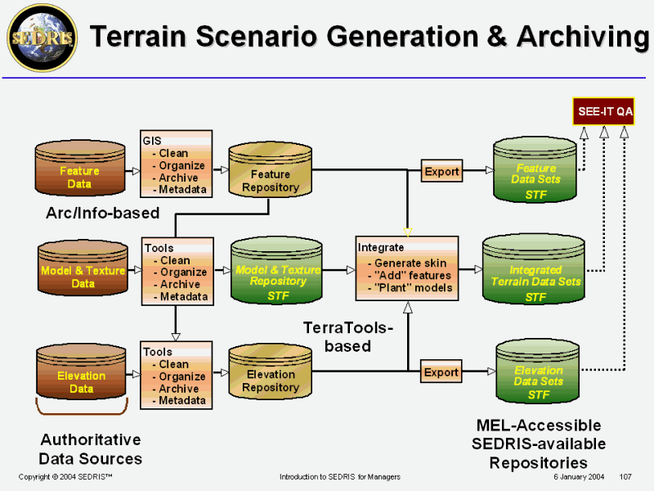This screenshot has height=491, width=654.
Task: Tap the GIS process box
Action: tap(176, 164)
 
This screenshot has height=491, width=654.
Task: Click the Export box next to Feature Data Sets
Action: tap(441, 172)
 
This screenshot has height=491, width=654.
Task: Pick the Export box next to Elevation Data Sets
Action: tap(441, 372)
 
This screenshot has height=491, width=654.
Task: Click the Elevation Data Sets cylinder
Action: tap(538, 376)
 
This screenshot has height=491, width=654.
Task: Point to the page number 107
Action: tap(626, 476)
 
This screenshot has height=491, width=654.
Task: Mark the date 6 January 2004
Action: tap(578, 476)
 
